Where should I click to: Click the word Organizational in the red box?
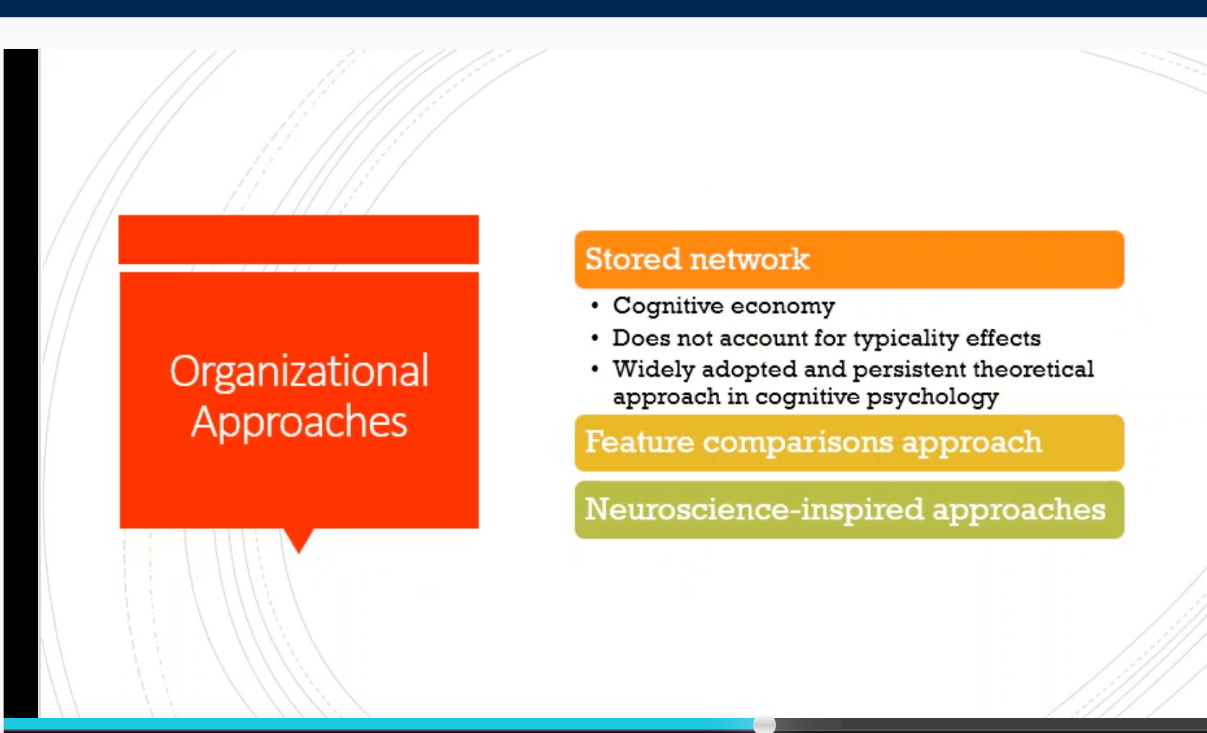300,373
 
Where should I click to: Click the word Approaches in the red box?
299,422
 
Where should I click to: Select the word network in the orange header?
750,259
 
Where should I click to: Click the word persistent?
909,370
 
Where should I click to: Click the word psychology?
932,398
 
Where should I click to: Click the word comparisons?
798,443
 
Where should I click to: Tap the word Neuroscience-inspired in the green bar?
754,510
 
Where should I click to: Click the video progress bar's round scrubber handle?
764,724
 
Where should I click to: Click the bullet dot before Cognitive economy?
595,306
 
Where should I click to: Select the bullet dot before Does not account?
595,339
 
